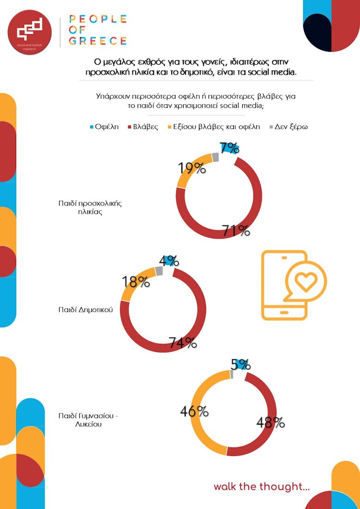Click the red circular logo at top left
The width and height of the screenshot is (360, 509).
pos(30,31)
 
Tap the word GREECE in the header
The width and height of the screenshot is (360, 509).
pos(98,41)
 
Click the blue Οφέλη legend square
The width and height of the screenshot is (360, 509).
pos(91,127)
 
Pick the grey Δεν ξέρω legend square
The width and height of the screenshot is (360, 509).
pos(271,127)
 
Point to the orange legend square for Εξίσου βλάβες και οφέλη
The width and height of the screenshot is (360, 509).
pos(169,127)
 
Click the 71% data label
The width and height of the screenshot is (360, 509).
pos(236,230)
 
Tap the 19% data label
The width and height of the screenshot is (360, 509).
pos(192,168)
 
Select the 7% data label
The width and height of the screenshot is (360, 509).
pos(229,148)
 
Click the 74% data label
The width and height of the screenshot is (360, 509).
pos(183,343)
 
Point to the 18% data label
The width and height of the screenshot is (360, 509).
pos(136,281)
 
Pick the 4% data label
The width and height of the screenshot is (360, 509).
pos(169,261)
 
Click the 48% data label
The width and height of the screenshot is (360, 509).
pos(270,422)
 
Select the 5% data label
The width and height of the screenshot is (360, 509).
pos(240,365)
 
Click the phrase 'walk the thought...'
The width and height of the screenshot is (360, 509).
pos(261,487)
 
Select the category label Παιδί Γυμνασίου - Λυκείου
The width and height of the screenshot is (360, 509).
pos(89,420)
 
